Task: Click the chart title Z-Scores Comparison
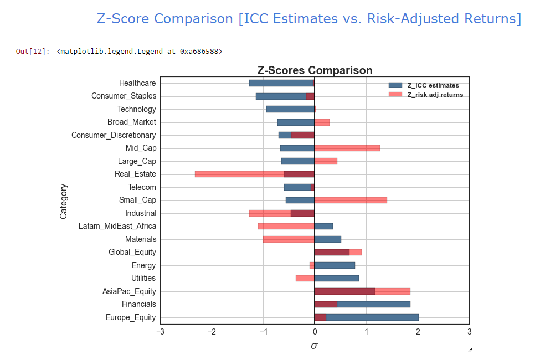[x=315, y=70]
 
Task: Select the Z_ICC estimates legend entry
[x=433, y=85]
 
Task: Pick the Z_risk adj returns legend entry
[x=435, y=95]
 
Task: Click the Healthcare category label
[x=137, y=83]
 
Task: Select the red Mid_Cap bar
[x=347, y=148]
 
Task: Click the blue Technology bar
[x=290, y=109]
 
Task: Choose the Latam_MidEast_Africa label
[x=117, y=226]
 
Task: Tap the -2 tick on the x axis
[x=212, y=332]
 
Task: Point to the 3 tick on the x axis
[x=469, y=332]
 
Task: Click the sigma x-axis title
[x=315, y=346]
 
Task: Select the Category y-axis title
[x=63, y=200]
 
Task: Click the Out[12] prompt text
[x=32, y=52]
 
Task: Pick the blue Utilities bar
[x=337, y=278]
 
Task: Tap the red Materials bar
[x=289, y=239]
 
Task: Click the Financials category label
[x=138, y=304]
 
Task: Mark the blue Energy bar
[x=335, y=265]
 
